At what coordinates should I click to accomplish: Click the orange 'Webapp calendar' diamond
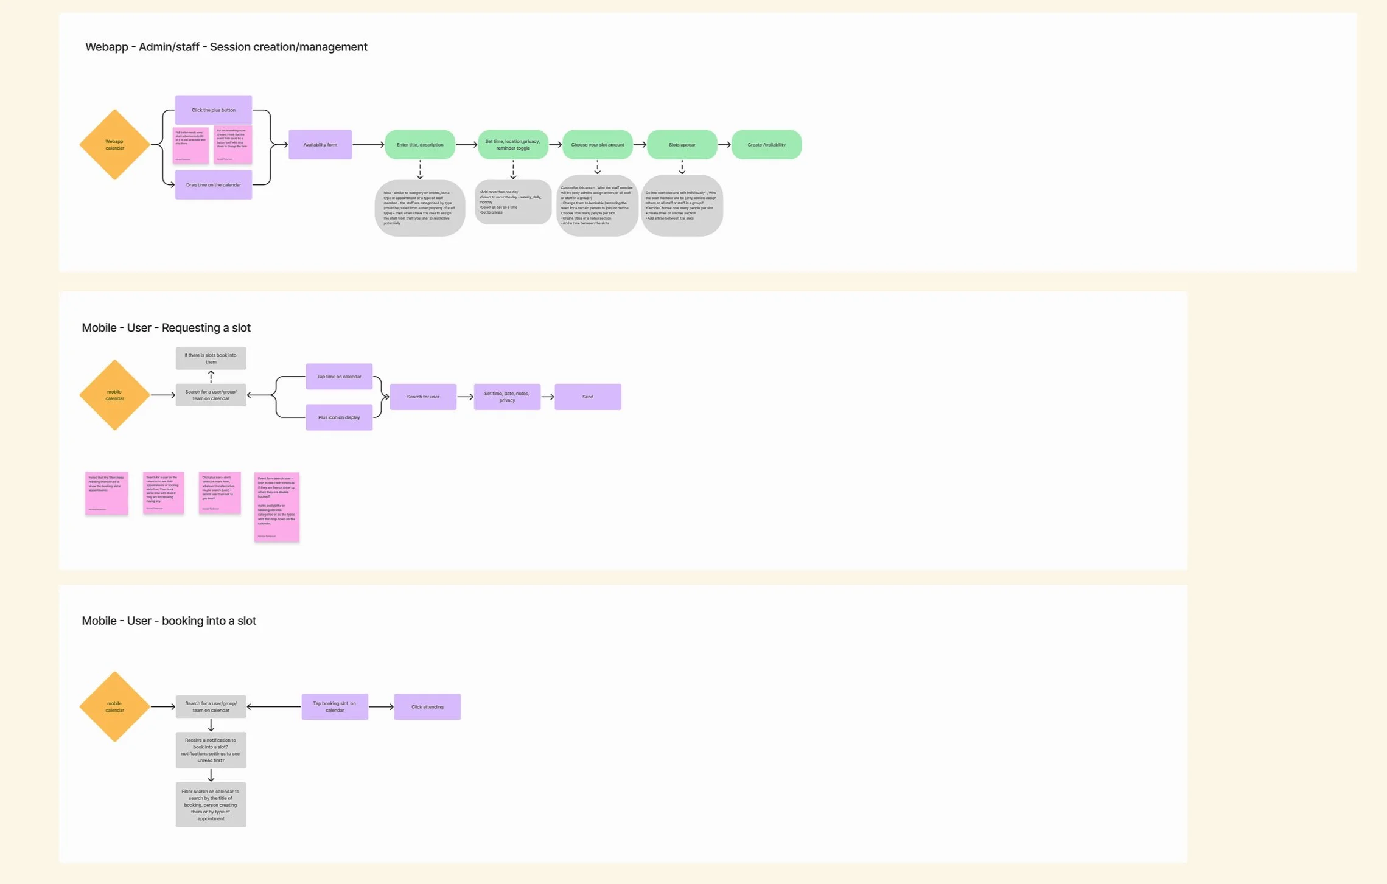[x=114, y=145]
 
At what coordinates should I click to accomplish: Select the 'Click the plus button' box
[x=213, y=110]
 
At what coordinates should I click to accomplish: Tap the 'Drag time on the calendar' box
[x=213, y=185]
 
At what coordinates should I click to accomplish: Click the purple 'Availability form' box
[x=320, y=145]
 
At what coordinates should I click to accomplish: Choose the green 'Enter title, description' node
[x=420, y=145]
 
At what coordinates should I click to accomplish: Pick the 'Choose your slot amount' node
[x=597, y=145]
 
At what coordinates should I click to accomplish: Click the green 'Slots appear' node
[x=682, y=145]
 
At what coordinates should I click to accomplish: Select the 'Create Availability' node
[x=766, y=145]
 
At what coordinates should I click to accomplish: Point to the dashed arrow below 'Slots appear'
[x=682, y=167]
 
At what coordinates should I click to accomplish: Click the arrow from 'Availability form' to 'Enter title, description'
[x=368, y=145]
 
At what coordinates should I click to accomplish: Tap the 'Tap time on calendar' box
[x=339, y=377]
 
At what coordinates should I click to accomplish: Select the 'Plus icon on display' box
[x=339, y=417]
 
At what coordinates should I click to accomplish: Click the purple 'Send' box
[x=587, y=397]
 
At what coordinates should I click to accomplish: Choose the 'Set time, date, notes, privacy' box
[x=507, y=397]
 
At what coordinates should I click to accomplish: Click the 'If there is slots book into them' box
[x=211, y=358]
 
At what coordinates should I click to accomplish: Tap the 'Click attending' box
[x=427, y=707]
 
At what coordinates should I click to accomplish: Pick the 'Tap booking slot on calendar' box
[x=335, y=707]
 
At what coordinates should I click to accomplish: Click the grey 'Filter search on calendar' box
[x=211, y=805]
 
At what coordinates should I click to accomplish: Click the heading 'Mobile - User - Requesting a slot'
[x=166, y=328]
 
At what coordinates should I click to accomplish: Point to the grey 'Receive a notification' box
[x=211, y=750]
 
